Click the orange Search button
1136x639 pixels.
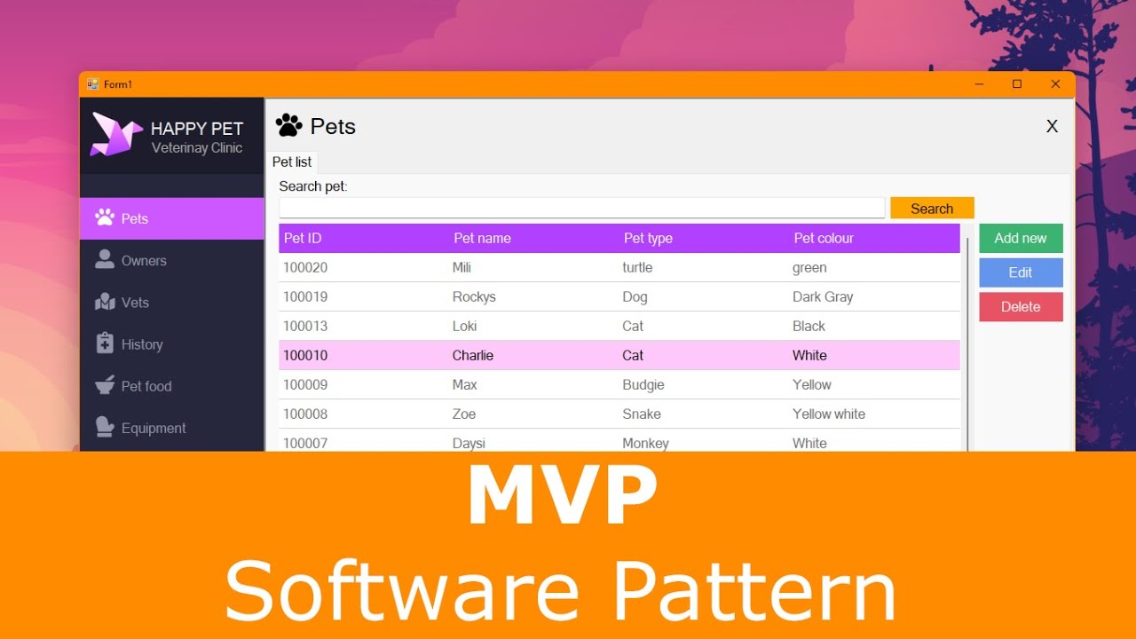(932, 209)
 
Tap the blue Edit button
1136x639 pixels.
(1021, 272)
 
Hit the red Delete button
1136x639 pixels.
(1021, 307)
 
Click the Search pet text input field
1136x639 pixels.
(581, 208)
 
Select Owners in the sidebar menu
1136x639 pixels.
(144, 261)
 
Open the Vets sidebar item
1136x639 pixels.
(135, 303)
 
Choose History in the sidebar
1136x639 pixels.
(142, 344)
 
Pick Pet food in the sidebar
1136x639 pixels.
(146, 386)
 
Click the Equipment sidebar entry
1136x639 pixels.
(154, 428)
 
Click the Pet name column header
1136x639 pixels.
(482, 238)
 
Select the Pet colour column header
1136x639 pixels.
(824, 238)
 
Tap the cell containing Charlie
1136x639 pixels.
(473, 355)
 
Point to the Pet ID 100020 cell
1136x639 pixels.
(305, 267)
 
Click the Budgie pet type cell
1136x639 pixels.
(643, 384)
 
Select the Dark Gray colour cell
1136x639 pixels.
(823, 296)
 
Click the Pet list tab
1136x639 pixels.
(292, 162)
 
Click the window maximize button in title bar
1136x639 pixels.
(1017, 84)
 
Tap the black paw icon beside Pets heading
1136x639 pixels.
(288, 126)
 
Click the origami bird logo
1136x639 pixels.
(116, 135)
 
